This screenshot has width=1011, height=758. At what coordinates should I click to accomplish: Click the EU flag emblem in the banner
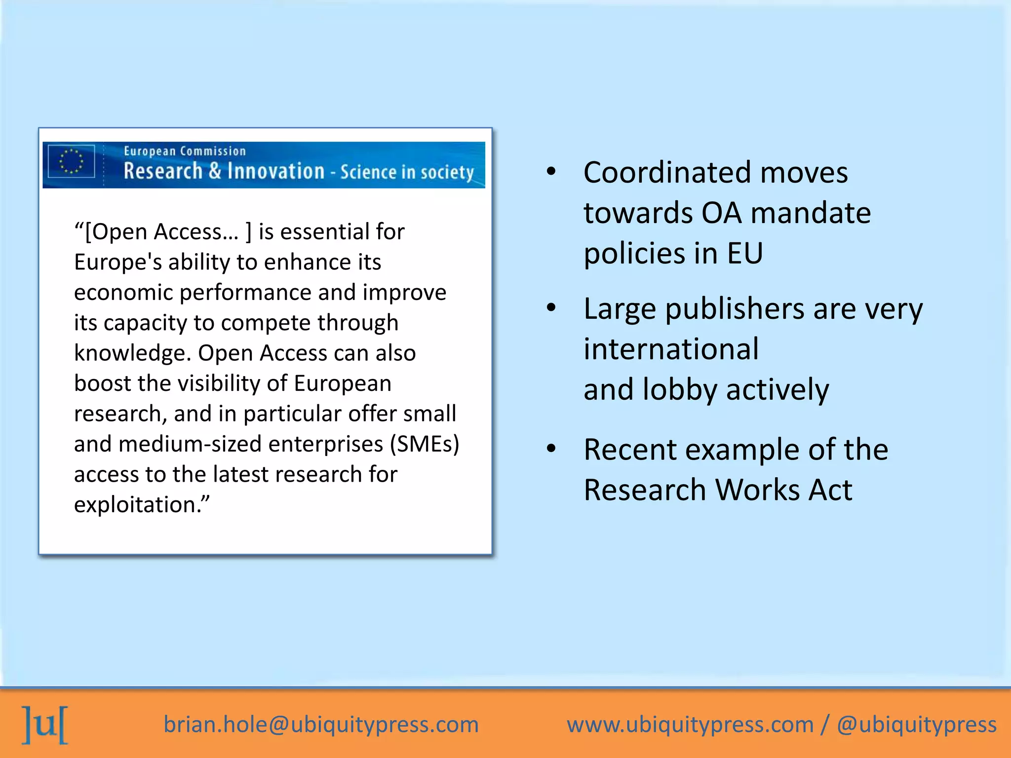(72, 161)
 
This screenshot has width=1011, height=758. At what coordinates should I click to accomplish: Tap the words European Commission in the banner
(185, 151)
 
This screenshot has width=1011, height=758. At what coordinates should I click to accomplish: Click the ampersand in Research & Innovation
(215, 171)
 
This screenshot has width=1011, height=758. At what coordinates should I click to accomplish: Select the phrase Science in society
(407, 172)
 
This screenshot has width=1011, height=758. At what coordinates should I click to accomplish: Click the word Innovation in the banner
(276, 171)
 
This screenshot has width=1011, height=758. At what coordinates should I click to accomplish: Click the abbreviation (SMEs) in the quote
(425, 444)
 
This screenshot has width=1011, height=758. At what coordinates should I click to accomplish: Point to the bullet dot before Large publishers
(551, 308)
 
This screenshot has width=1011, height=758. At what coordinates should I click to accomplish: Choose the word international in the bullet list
(671, 349)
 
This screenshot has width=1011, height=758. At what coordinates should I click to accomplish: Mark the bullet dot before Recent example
(551, 449)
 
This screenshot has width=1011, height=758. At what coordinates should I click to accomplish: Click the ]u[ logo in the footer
(45, 724)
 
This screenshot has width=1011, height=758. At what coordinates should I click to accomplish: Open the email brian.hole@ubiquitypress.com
(321, 724)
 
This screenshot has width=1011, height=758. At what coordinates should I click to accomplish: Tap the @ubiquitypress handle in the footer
(917, 724)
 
